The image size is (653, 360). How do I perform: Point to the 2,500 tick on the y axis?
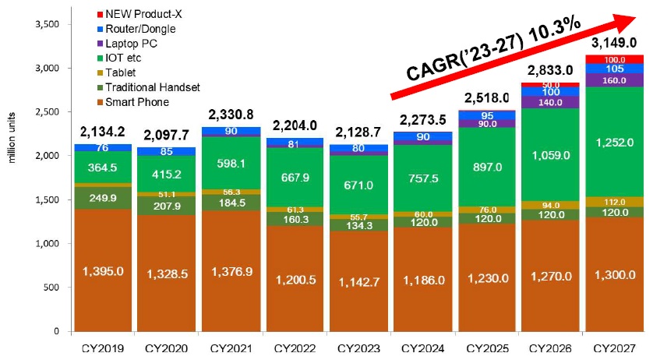pyautogui.click(x=48, y=112)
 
